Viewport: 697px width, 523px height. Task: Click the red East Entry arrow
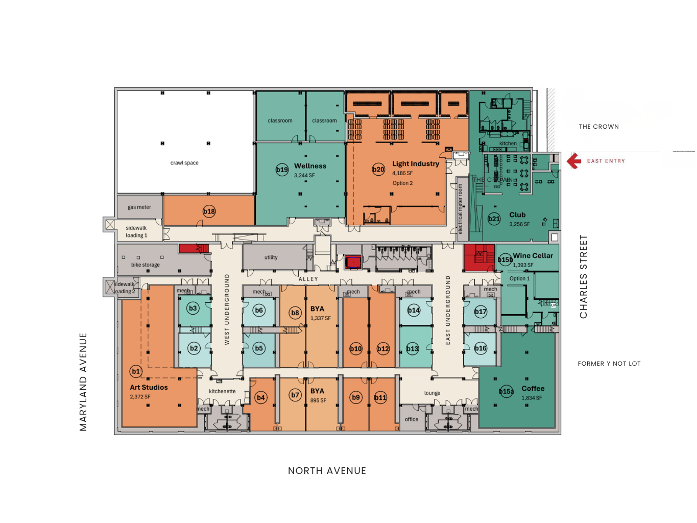click(574, 161)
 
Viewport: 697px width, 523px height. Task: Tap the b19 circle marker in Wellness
click(282, 170)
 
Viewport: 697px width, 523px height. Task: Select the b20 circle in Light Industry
click(378, 170)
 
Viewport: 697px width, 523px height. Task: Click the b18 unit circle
click(209, 211)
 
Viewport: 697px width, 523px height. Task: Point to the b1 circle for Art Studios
click(136, 371)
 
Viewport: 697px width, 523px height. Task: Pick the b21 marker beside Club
click(494, 219)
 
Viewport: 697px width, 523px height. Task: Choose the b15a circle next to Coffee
click(506, 392)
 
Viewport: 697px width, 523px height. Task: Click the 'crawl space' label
click(184, 163)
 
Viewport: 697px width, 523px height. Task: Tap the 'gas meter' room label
click(139, 207)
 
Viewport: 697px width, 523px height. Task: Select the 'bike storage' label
click(146, 265)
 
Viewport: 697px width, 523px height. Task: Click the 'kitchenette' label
click(222, 391)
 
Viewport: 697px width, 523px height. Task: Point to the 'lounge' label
click(432, 393)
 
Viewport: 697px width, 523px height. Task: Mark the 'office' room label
click(412, 419)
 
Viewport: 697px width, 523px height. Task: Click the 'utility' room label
click(271, 257)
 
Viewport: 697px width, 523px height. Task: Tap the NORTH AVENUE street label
click(327, 471)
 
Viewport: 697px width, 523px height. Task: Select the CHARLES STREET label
click(583, 277)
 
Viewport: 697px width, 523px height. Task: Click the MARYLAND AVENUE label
click(83, 382)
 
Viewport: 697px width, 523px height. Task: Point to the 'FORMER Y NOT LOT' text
click(609, 364)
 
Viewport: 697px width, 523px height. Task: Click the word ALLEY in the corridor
click(308, 279)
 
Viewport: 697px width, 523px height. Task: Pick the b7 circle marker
click(295, 395)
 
